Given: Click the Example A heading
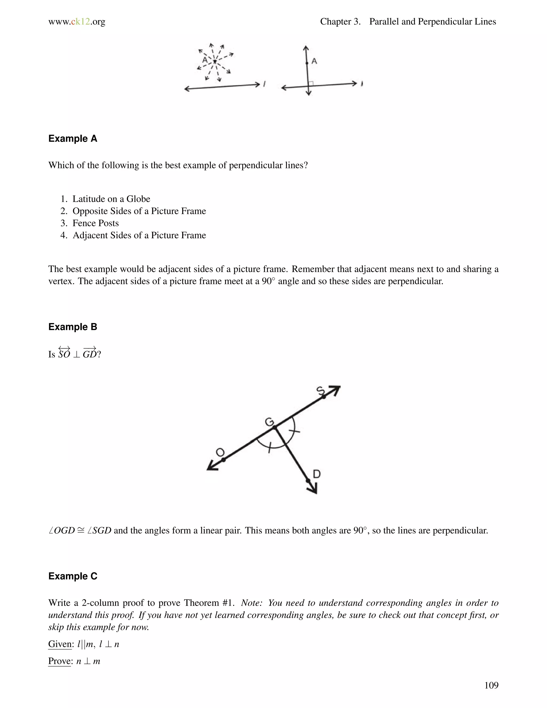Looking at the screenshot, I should click(x=73, y=139).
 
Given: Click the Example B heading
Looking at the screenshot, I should click(x=73, y=327).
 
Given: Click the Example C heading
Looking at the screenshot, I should click(x=73, y=576).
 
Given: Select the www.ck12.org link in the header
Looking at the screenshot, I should click(x=77, y=22).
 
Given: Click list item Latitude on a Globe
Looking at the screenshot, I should click(x=111, y=199).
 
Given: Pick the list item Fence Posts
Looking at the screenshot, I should click(x=96, y=223).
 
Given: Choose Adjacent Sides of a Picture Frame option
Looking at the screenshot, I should click(x=139, y=235).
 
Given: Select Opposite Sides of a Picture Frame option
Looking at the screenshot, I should click(x=139, y=211).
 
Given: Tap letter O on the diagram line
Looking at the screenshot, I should click(x=220, y=452).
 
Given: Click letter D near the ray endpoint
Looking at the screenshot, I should click(x=317, y=474).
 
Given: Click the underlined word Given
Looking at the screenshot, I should click(x=60, y=644).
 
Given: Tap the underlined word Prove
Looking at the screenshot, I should click(x=60, y=661).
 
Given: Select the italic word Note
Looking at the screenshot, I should click(x=251, y=603).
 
